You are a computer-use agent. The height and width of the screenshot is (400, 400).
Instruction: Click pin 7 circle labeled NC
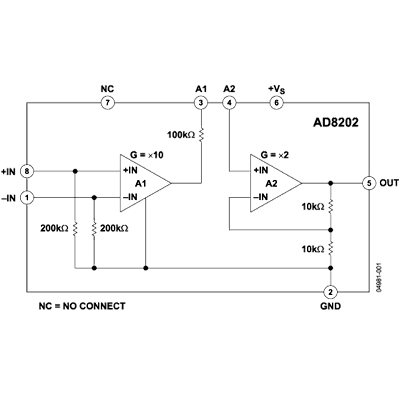[x=108, y=103]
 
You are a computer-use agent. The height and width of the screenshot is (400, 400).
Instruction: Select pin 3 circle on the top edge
[x=201, y=103]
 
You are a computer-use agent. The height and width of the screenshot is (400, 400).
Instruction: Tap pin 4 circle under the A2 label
[x=229, y=103]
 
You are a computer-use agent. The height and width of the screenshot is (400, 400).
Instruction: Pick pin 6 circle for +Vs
[x=276, y=103]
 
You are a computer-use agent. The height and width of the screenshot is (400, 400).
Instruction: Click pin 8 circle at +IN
[x=27, y=172]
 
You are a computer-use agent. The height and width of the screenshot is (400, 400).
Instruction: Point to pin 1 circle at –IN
[x=27, y=198]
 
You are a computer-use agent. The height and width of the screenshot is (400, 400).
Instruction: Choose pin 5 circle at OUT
[x=369, y=183]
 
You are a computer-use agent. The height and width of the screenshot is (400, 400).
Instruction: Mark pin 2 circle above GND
[x=330, y=292]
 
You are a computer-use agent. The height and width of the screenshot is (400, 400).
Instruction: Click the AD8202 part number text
[x=336, y=123]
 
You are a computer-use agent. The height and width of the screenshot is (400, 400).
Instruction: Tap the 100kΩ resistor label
[x=181, y=135]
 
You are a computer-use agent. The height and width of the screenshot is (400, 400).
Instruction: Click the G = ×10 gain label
[x=147, y=155]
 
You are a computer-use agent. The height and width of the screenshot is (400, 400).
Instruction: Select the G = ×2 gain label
[x=275, y=155]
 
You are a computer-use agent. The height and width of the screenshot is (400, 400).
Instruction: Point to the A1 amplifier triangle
[x=146, y=183]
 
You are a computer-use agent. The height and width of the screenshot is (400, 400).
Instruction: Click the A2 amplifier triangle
[x=276, y=183]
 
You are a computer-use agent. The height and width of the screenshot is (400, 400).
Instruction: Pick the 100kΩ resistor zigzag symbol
[x=201, y=135]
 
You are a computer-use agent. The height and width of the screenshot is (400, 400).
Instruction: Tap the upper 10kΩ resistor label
[x=313, y=207]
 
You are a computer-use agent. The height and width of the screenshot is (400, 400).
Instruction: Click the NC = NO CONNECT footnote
[x=82, y=306]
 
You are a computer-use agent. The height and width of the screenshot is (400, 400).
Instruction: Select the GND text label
[x=330, y=306]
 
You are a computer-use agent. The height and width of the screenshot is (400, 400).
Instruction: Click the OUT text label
[x=389, y=183]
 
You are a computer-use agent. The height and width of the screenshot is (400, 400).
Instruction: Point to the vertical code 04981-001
[x=379, y=278]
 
